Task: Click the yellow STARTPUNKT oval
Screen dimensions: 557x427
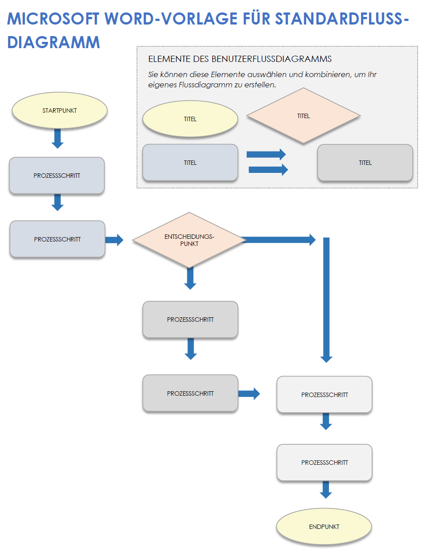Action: tap(59, 111)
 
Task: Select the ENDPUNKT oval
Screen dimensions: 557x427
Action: tap(324, 527)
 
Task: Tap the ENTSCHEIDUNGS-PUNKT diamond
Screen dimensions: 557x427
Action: tap(189, 240)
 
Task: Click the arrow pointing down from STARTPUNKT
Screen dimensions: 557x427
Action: tap(58, 138)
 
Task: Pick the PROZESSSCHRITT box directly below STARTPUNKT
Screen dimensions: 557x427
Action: tap(57, 176)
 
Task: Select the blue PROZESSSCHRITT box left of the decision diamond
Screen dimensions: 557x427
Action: tap(57, 239)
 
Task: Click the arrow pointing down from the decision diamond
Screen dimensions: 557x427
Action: tap(190, 278)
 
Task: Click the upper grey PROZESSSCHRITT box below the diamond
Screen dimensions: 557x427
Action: tap(190, 319)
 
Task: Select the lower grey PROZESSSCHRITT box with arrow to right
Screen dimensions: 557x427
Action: tap(190, 393)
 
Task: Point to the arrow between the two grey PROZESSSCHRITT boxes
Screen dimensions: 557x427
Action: tap(191, 348)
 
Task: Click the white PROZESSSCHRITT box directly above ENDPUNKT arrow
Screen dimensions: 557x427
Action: tap(324, 463)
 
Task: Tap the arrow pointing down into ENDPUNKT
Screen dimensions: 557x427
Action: tap(326, 489)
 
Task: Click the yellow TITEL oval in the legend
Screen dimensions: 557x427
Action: tap(190, 119)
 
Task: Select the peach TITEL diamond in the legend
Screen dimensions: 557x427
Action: tap(303, 116)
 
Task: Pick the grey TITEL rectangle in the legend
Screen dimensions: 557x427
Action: tap(365, 163)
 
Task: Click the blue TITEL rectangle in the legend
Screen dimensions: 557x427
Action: tap(190, 163)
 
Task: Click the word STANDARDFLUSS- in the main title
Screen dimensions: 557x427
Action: tap(341, 19)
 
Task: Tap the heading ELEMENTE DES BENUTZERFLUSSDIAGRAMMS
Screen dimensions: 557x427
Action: tap(240, 59)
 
